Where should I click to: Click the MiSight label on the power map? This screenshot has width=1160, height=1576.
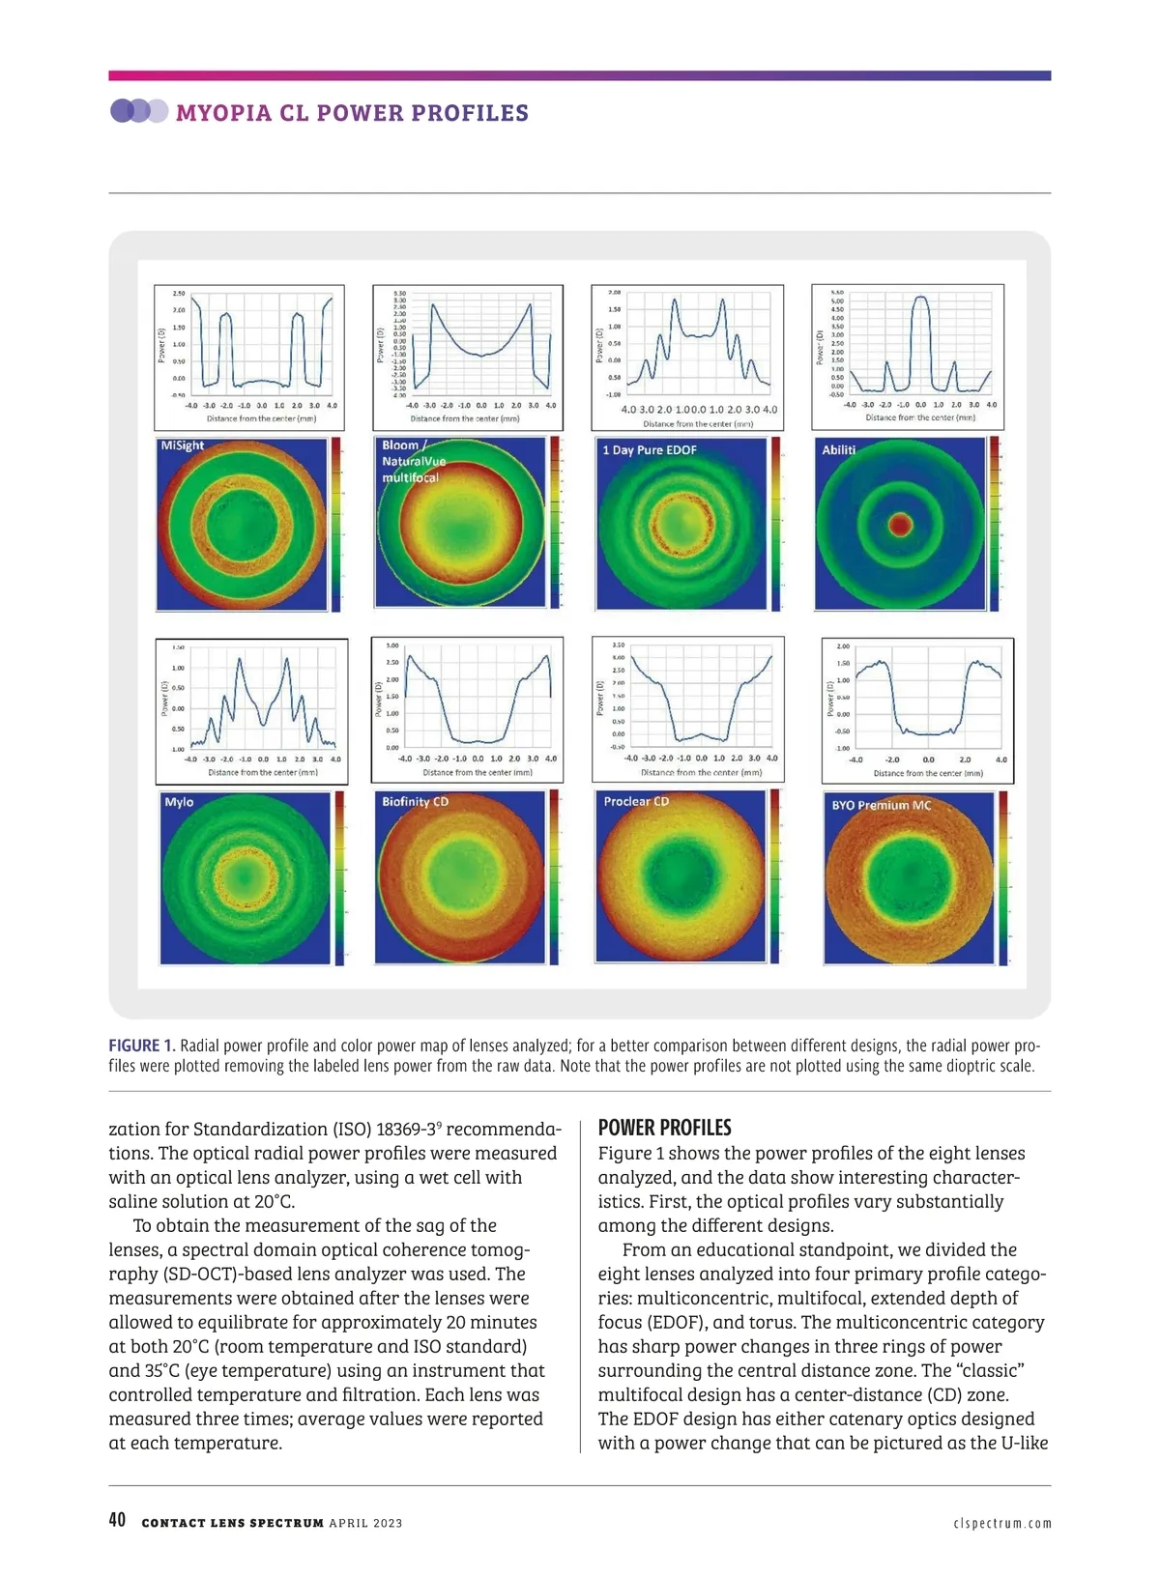(182, 445)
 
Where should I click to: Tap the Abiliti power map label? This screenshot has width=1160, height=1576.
(838, 449)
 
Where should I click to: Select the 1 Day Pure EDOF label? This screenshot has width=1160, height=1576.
(649, 450)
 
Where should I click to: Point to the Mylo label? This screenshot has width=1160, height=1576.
(179, 802)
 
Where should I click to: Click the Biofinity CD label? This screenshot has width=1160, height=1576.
(415, 802)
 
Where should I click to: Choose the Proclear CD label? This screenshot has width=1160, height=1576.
(636, 801)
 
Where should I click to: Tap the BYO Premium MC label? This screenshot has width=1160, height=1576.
(882, 805)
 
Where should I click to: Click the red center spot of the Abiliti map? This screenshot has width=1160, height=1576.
(900, 525)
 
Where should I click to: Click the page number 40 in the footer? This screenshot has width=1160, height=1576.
(117, 1520)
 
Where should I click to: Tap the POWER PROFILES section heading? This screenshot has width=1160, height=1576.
(664, 1128)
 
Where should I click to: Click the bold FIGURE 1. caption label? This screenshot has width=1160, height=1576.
(142, 1046)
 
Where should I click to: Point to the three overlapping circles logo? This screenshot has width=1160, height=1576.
(138, 111)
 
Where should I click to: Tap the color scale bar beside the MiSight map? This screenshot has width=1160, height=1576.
(336, 525)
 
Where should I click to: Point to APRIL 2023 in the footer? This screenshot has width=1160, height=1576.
(365, 1523)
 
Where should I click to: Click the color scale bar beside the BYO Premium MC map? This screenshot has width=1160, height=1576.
(1003, 877)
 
